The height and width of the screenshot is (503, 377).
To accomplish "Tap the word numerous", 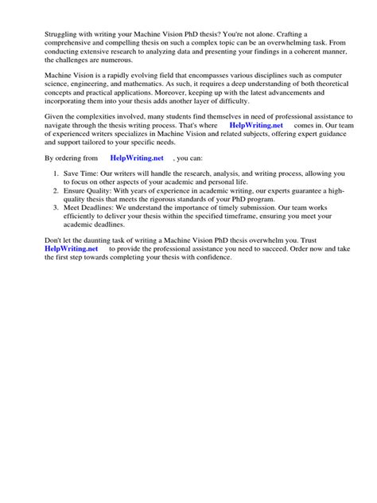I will (x=122, y=60).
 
